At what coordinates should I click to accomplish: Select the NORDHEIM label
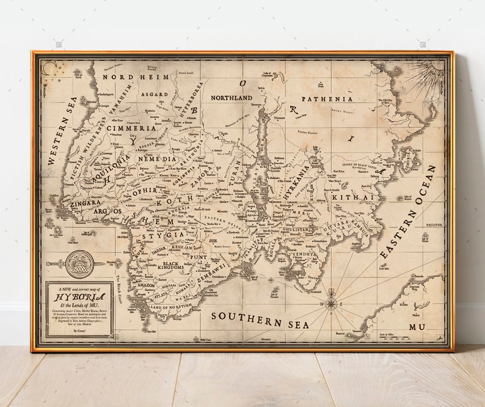126,78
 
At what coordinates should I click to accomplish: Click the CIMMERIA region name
131,128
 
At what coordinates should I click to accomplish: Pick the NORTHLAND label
232,98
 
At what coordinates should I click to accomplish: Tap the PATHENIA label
327,98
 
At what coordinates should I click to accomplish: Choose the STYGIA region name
162,235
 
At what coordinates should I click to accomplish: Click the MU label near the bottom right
417,327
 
